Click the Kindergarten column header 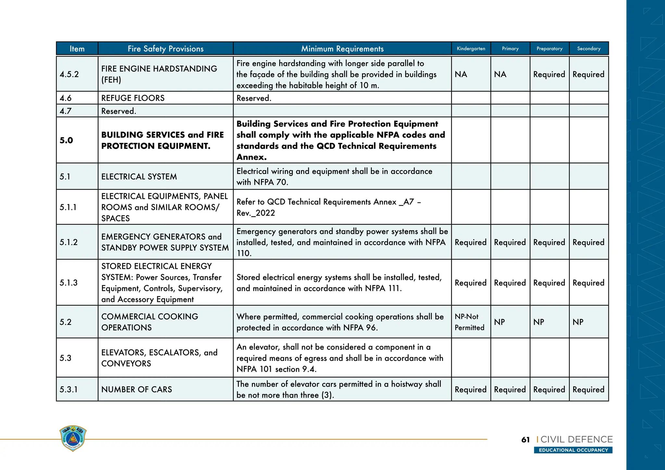(471, 49)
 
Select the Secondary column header (588, 49)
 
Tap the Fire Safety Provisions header (165, 49)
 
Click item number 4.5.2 (69, 74)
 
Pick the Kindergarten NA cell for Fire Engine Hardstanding (461, 74)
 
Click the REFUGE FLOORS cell (133, 98)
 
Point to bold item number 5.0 (66, 140)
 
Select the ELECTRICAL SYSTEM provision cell (139, 177)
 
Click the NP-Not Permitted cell (469, 322)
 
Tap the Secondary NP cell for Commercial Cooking (578, 322)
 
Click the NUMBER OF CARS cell (136, 389)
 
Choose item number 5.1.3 (69, 283)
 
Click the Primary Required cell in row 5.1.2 (510, 242)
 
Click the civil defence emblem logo (73, 438)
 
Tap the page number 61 (525, 440)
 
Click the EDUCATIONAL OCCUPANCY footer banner (573, 450)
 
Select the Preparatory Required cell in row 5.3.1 (549, 390)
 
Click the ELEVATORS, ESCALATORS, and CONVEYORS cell (159, 358)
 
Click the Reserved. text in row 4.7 (119, 111)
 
